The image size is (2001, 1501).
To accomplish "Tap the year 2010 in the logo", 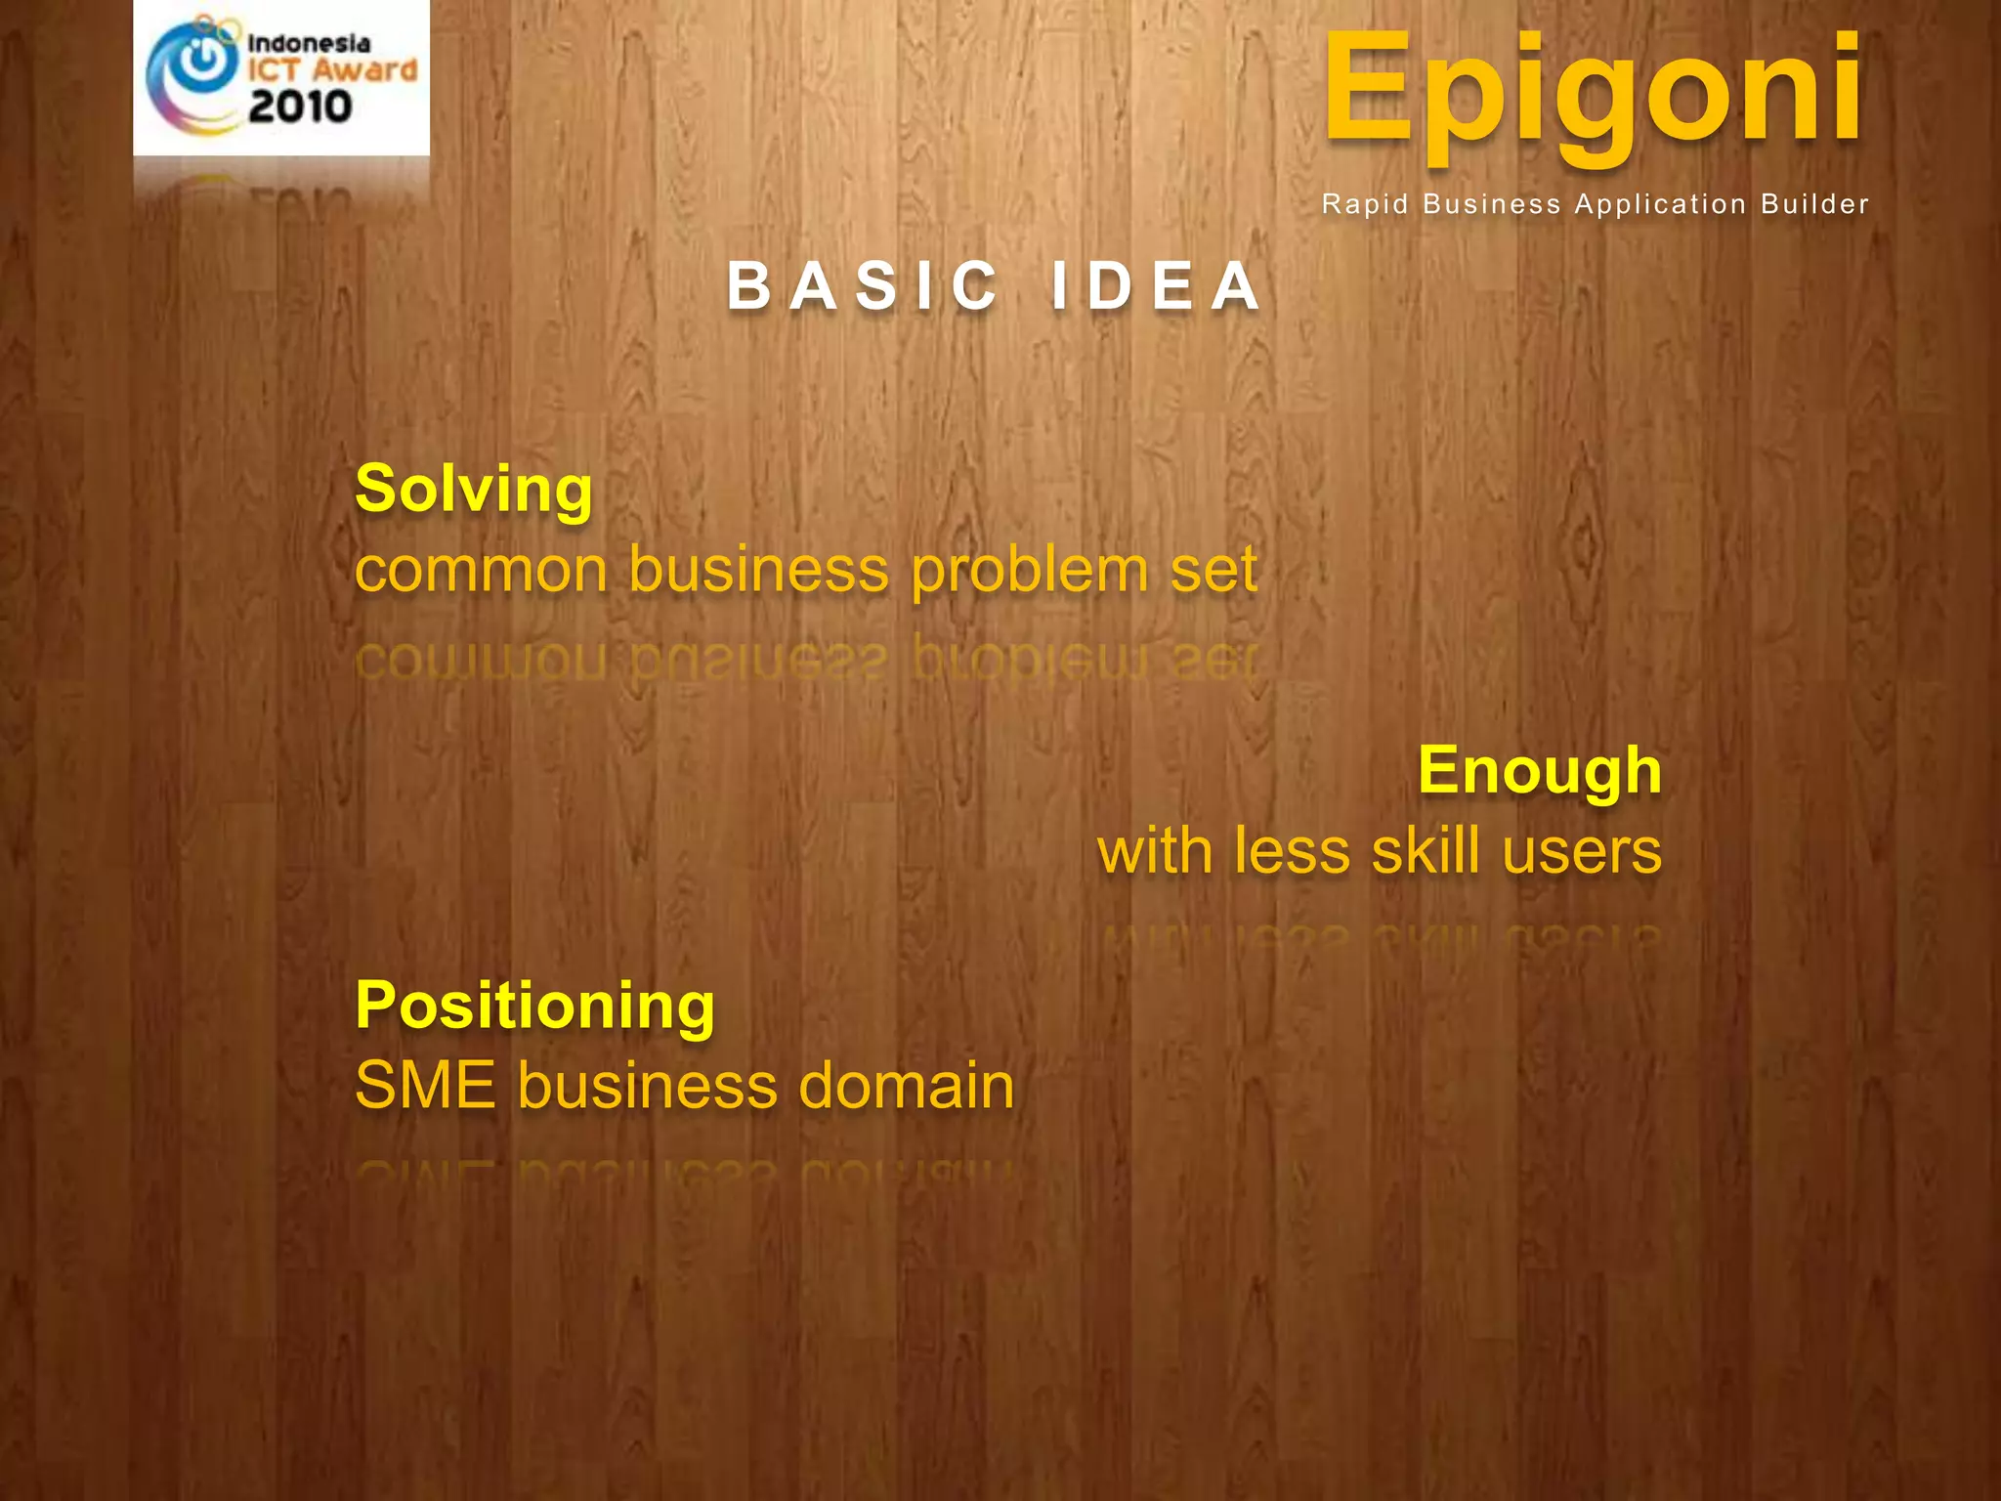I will (x=300, y=107).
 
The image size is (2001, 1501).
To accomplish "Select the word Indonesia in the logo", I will (x=309, y=44).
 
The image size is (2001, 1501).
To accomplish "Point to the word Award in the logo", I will (x=365, y=70).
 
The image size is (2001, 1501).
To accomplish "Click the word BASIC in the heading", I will (x=864, y=287).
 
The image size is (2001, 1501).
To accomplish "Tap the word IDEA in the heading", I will (x=1156, y=287).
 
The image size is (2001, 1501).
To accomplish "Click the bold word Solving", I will (x=474, y=489).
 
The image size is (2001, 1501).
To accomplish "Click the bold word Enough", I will (x=1539, y=771).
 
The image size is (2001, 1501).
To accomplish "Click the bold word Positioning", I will (x=535, y=1006).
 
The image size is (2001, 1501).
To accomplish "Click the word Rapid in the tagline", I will (x=1365, y=204).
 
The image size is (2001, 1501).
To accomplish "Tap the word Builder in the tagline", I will (x=1814, y=204).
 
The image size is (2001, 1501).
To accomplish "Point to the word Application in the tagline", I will (x=1660, y=204).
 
